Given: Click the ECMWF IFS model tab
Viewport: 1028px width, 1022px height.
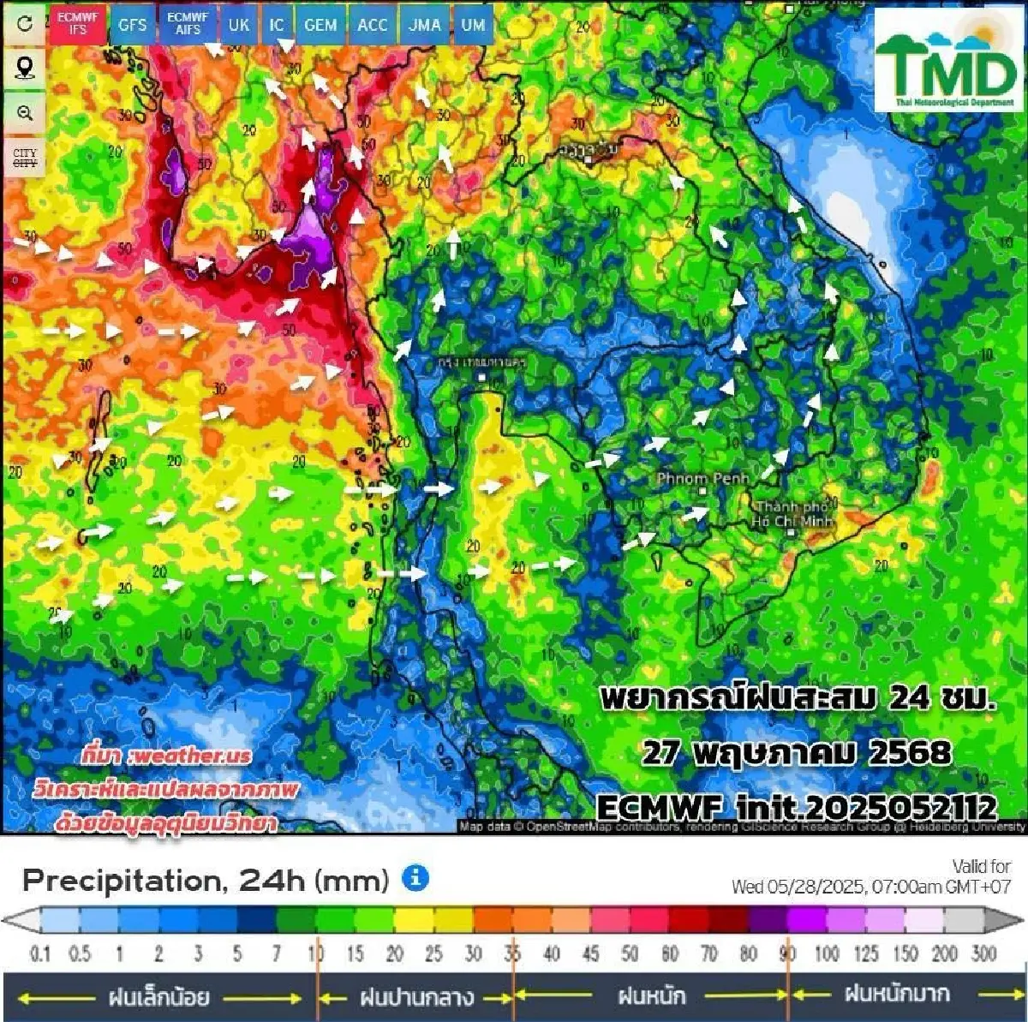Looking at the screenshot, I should tap(78, 23).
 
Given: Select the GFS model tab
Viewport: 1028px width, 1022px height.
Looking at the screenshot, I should tap(133, 25).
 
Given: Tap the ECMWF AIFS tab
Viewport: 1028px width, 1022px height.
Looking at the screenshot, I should tap(188, 23).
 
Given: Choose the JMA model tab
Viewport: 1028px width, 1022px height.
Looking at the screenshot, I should tap(424, 25).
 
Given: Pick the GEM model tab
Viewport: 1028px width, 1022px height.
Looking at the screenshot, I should tap(320, 25).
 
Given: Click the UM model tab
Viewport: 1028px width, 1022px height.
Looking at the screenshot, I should tap(473, 25).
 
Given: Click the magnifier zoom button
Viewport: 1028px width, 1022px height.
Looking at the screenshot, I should tap(25, 113).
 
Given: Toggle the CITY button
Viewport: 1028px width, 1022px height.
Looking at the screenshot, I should tap(25, 158).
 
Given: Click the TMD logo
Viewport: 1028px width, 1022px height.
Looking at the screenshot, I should tap(945, 62).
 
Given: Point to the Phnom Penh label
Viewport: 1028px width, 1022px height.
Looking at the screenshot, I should tap(702, 479).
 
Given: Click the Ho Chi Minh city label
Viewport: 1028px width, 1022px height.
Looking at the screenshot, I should tap(792, 514).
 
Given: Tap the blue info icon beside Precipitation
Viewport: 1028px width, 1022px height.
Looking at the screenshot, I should tap(415, 878).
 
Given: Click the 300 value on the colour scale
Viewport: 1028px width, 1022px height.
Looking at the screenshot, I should tap(983, 953).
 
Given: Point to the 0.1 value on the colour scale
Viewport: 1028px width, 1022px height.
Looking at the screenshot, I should tap(40, 953).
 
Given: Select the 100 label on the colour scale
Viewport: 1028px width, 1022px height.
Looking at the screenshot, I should tap(827, 953).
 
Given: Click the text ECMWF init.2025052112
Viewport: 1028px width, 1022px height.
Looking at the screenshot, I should tap(796, 807).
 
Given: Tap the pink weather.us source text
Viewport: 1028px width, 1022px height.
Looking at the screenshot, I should tap(167, 755).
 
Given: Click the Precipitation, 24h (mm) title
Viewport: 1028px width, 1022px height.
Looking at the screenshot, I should tap(206, 880).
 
